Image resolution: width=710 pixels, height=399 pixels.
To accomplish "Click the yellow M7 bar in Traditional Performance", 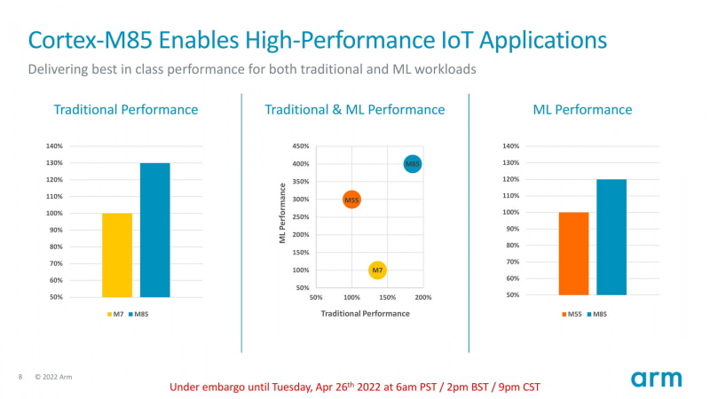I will (117, 254).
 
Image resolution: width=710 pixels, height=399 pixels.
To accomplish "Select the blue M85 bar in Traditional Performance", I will (154, 230).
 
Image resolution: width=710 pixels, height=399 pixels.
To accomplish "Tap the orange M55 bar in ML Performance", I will (573, 254).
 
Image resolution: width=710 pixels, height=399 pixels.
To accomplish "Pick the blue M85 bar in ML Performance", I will (611, 237).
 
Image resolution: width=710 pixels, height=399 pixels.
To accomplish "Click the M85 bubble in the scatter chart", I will (413, 164).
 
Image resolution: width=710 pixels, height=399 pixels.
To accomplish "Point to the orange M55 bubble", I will (351, 200).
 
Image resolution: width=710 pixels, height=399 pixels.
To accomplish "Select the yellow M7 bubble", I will (377, 270).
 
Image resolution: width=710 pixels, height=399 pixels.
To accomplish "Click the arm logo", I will (657, 379).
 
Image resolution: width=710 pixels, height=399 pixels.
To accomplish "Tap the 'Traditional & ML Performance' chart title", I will (354, 110).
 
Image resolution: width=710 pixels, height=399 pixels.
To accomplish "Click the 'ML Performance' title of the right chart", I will (582, 110).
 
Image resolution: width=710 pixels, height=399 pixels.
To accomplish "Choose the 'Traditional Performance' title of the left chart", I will (126, 110).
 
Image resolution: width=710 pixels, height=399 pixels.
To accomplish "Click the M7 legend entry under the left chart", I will (115, 314).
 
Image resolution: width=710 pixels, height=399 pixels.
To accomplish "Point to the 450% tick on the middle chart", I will (300, 146).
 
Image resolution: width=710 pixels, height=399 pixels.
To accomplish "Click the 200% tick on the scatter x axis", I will (422, 297).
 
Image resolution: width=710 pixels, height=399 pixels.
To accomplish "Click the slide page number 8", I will (20, 377).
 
